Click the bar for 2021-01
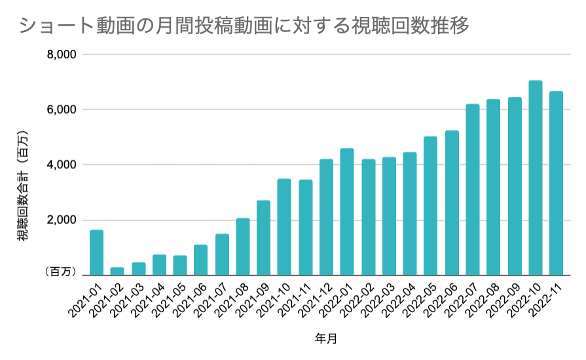point(96,253)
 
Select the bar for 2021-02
point(117,271)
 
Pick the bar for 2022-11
point(556,183)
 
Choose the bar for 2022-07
point(473,190)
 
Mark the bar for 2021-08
point(243,247)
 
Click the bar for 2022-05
point(431,206)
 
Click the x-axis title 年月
point(325,339)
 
